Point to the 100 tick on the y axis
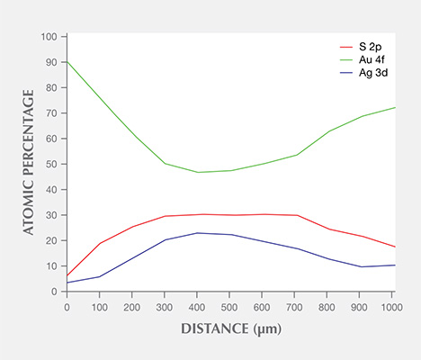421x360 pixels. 49,37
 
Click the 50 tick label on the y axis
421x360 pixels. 51,164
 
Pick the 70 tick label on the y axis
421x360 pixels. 51,113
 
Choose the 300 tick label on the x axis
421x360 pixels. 165,306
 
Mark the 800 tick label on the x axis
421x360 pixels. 327,306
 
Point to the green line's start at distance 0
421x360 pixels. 67,62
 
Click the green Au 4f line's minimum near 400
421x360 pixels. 198,172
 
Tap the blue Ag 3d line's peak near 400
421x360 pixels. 198,233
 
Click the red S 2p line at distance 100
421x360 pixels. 99,244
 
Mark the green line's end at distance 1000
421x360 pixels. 393,108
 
